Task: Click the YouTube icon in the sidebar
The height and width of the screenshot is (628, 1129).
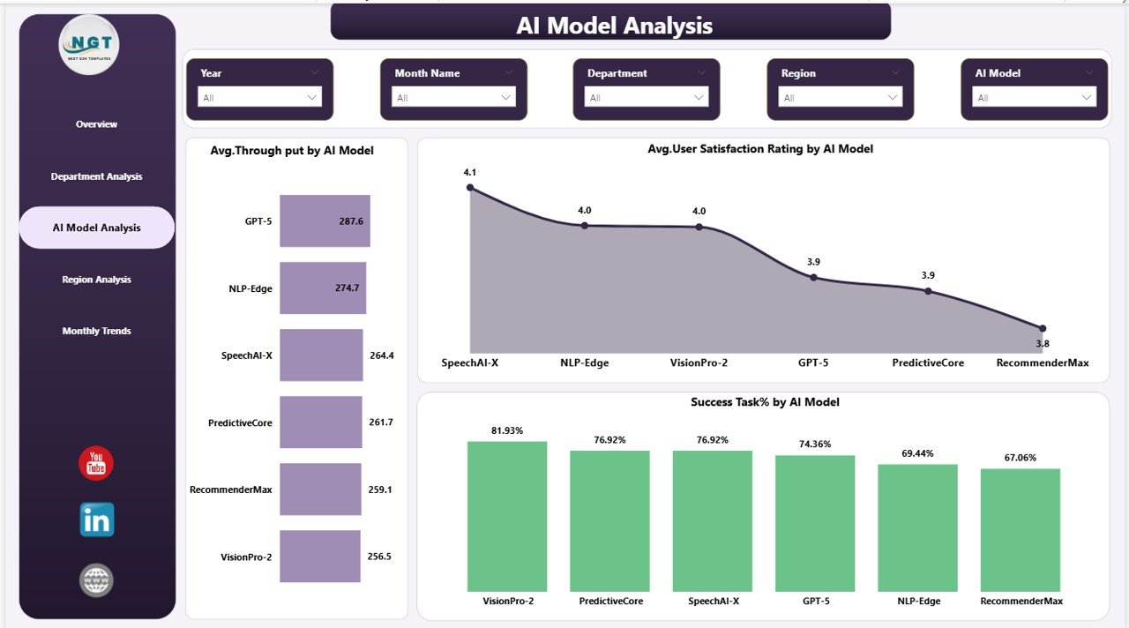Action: click(96, 464)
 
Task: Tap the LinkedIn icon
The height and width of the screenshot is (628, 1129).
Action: click(96, 520)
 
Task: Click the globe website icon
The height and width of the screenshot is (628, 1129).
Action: click(96, 580)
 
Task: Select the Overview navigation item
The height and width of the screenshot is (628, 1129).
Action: click(96, 124)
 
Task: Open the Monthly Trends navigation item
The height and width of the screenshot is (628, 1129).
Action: click(96, 332)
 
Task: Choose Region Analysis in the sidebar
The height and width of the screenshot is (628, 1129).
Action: click(96, 280)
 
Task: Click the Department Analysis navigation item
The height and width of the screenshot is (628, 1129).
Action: click(96, 176)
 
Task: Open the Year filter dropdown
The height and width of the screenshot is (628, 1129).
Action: click(259, 98)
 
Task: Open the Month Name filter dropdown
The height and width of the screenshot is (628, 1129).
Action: click(453, 98)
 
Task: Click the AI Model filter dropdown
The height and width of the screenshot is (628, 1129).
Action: click(1034, 98)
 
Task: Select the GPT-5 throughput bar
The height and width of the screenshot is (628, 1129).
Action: click(324, 221)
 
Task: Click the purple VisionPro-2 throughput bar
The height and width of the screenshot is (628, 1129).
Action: click(319, 557)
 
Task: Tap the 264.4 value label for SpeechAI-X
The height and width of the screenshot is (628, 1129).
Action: click(381, 355)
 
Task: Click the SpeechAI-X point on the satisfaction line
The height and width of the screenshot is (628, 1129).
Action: click(470, 187)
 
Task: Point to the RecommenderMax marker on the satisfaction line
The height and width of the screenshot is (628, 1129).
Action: click(1042, 328)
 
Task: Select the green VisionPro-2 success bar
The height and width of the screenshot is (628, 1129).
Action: click(506, 516)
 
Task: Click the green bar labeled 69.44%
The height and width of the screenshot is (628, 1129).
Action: click(917, 527)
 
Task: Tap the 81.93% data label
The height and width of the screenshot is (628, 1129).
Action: click(506, 430)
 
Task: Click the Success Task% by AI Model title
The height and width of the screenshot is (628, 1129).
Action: click(764, 402)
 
